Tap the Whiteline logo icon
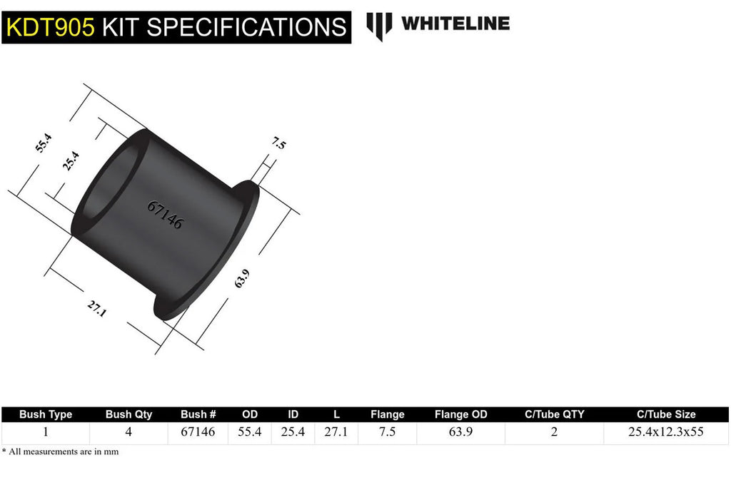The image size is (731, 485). click(379, 26)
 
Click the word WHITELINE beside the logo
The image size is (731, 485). click(455, 24)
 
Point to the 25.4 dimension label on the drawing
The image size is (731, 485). click(71, 161)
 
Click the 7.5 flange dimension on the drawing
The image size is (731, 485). click(278, 144)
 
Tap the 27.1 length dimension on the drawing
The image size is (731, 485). click(96, 308)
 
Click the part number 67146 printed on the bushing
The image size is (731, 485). click(165, 215)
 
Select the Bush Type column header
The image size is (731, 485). click(46, 414)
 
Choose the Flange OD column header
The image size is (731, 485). click(461, 414)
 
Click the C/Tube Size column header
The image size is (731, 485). click(666, 414)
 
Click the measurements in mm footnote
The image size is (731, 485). click(61, 451)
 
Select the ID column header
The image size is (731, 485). click(293, 414)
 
